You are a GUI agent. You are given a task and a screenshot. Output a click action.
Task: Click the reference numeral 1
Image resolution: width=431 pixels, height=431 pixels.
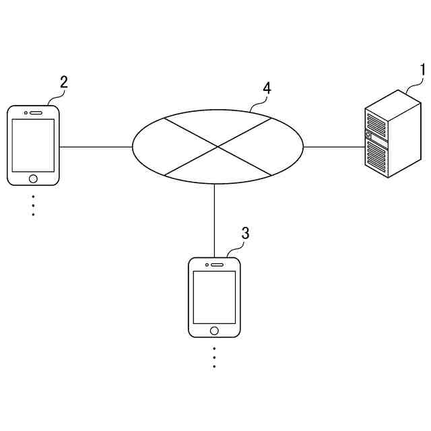pos(423,70)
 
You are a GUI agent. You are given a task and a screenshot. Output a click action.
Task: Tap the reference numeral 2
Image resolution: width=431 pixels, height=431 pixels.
pos(64,82)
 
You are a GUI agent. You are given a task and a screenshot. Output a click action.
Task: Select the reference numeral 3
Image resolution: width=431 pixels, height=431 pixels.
pos(245,233)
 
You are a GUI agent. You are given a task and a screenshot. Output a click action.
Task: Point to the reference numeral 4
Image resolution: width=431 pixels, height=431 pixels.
pos(267,88)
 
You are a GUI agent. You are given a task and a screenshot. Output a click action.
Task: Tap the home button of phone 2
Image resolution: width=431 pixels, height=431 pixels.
pos(33,178)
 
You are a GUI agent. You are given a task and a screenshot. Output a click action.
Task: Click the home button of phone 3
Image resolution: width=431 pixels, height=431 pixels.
pos(214,330)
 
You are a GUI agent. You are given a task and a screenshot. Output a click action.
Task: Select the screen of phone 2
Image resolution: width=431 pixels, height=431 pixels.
pos(33,145)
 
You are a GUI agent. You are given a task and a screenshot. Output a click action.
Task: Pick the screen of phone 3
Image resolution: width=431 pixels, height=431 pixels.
pos(214,297)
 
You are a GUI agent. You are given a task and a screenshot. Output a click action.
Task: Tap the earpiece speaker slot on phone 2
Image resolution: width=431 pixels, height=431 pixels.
pos(36,112)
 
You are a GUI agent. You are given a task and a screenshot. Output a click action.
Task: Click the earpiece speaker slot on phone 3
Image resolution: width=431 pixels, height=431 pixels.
pos(217,264)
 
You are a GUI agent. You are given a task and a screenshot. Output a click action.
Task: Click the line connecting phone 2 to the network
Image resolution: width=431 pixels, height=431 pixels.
pos(96,146)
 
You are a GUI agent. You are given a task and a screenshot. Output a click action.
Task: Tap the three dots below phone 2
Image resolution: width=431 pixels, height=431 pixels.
pos(33,205)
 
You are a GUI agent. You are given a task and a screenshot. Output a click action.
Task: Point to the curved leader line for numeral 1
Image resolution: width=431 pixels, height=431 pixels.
pos(412,85)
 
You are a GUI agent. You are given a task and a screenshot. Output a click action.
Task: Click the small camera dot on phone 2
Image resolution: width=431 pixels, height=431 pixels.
pos(25,112)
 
